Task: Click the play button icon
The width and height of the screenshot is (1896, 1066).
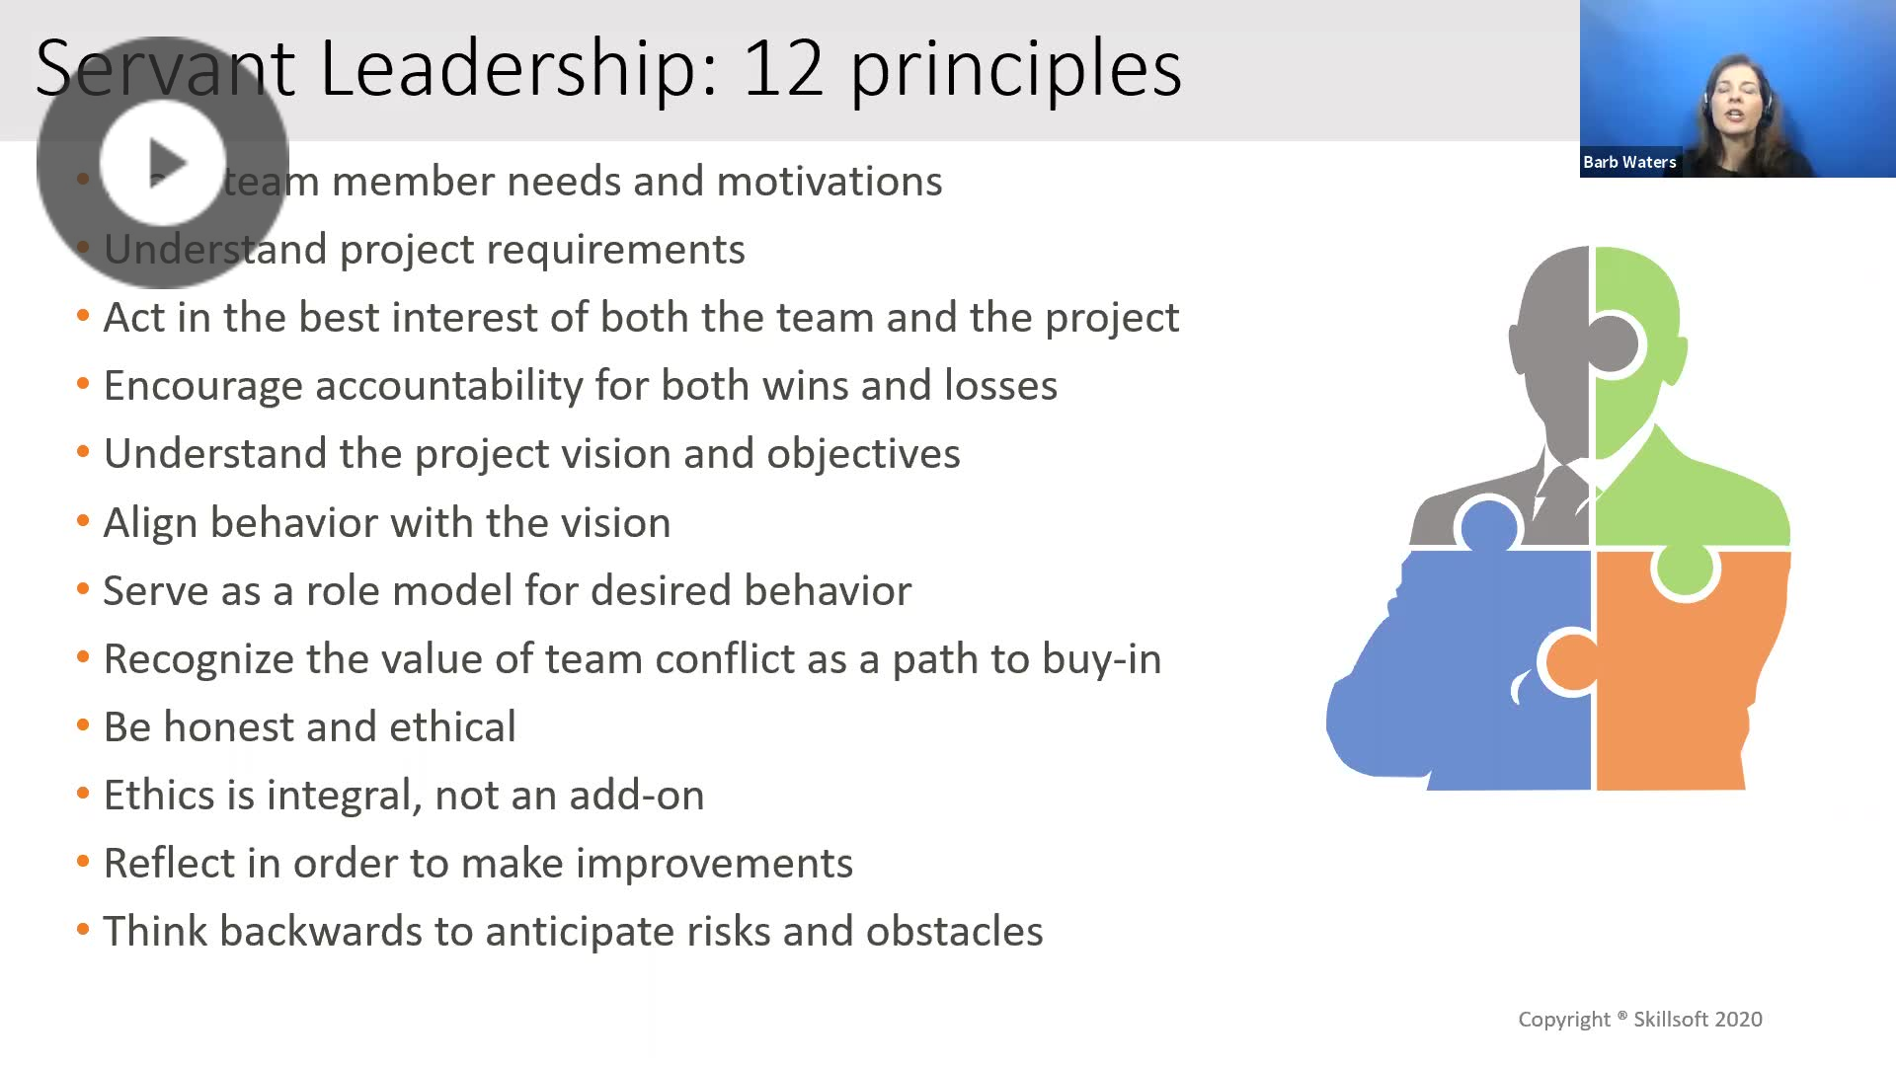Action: point(163,163)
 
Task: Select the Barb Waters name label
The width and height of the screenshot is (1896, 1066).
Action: point(1629,162)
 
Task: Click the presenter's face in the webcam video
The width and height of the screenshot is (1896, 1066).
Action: point(1736,99)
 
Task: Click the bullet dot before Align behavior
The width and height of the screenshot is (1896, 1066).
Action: point(83,521)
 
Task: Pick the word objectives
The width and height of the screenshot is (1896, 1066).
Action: point(863,454)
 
